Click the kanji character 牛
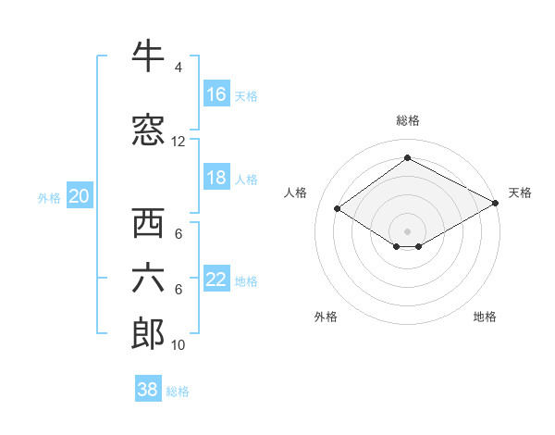click(x=148, y=57)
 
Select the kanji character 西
click(x=148, y=224)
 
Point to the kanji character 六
click(x=148, y=279)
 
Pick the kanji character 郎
click(x=148, y=334)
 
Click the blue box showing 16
click(x=216, y=94)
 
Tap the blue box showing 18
click(x=216, y=179)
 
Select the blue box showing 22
click(x=216, y=280)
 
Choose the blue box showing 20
click(x=80, y=196)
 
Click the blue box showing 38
click(x=148, y=390)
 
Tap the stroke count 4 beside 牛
click(x=178, y=68)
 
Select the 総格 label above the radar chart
click(x=407, y=120)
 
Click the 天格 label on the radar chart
click(x=520, y=193)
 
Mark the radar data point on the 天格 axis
click(x=496, y=204)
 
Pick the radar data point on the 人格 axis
click(x=338, y=209)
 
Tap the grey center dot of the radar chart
click(x=407, y=230)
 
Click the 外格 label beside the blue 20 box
click(x=49, y=197)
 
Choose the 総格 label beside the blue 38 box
click(x=178, y=391)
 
